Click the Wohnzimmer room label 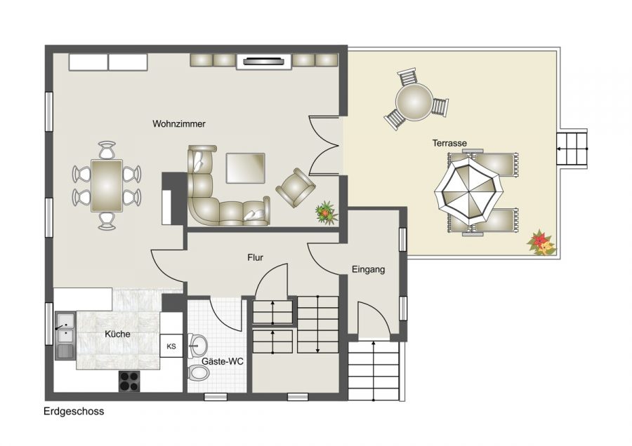179,123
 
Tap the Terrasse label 449,143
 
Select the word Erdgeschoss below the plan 73,412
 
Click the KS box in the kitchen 171,346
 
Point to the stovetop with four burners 129,381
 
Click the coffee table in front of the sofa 245,168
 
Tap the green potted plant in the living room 325,211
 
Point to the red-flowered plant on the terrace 541,243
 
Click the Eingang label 369,269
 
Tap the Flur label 255,257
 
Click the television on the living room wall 265,62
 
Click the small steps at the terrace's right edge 571,148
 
